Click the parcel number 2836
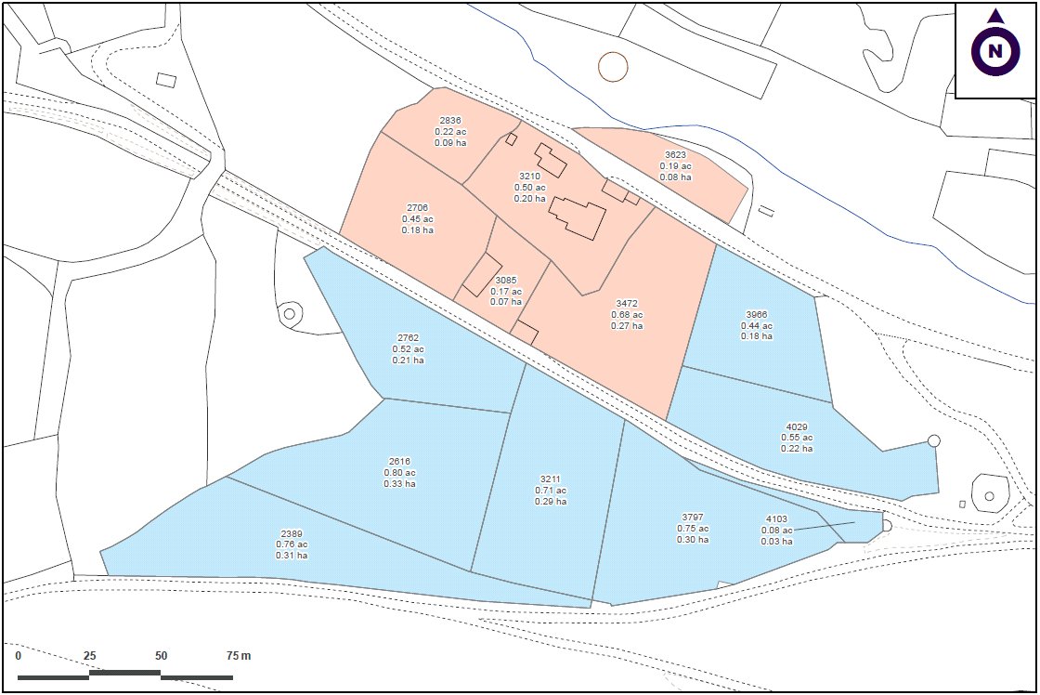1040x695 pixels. tap(450, 121)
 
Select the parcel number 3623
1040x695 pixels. tap(675, 155)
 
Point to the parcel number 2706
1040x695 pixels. tap(417, 207)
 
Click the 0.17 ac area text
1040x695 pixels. tap(505, 291)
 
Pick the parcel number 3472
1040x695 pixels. tap(627, 304)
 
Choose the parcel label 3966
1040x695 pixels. tap(756, 315)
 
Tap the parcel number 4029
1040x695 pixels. tap(796, 427)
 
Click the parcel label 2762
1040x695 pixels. tap(408, 338)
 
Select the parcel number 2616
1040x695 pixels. tap(399, 462)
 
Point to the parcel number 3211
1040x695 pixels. tap(550, 479)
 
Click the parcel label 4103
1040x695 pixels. tap(775, 519)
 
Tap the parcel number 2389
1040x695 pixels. tap(291, 533)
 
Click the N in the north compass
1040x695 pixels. tap(995, 51)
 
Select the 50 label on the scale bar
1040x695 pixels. tap(161, 656)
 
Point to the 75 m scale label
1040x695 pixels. tap(239, 656)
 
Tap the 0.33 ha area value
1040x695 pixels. tap(399, 484)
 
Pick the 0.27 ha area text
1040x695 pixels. tap(627, 326)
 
